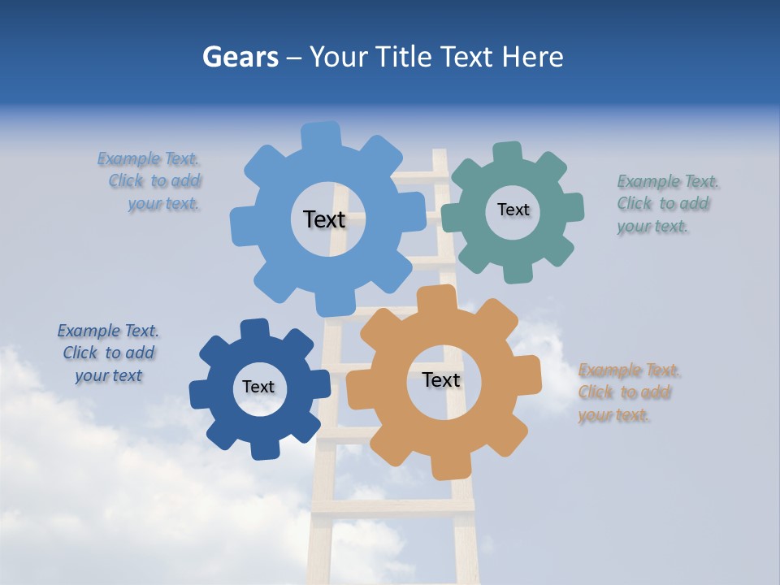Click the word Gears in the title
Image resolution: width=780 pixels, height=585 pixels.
[x=240, y=57]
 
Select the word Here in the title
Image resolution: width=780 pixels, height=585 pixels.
[x=533, y=57]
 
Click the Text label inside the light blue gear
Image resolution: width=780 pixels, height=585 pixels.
[x=324, y=219]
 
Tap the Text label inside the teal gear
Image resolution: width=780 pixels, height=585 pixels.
[x=513, y=210]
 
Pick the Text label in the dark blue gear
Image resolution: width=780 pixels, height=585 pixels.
[x=258, y=387]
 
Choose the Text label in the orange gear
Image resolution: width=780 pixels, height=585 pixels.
[x=441, y=379]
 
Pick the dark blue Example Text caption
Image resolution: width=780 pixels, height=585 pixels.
[x=108, y=353]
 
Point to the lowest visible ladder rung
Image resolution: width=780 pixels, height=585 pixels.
[x=394, y=505]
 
